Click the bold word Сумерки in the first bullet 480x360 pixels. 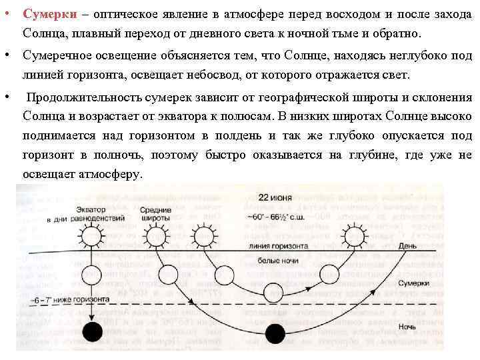[x=43, y=14]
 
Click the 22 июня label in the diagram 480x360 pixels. [x=273, y=198]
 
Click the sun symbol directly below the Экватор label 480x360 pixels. [x=88, y=235]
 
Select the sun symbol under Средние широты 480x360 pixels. [x=158, y=235]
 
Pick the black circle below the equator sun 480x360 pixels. [x=92, y=331]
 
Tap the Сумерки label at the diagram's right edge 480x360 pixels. [x=424, y=284]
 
